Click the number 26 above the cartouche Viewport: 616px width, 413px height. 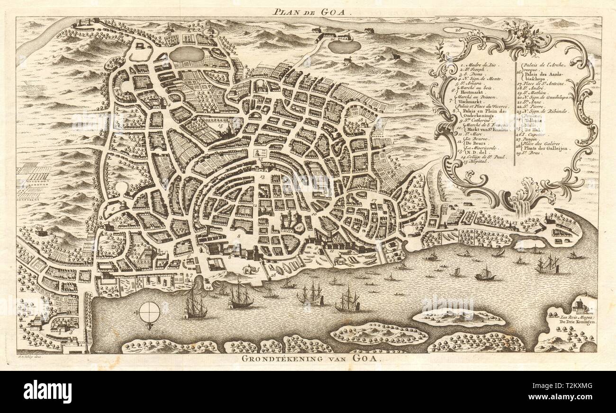click(458, 29)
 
